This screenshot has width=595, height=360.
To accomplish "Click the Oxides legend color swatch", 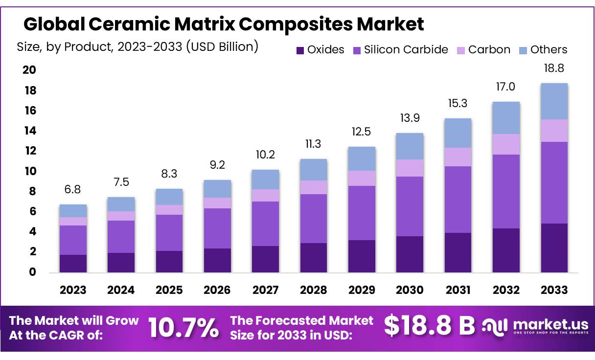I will [300, 50].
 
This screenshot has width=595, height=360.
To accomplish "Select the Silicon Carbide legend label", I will [406, 49].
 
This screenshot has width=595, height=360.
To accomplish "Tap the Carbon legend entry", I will [489, 49].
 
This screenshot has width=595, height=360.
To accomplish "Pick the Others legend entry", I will [549, 49].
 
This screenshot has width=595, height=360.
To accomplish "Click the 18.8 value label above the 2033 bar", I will [554, 68].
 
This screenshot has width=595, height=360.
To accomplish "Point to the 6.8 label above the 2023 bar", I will [73, 189].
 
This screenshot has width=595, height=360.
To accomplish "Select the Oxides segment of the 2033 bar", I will [554, 247].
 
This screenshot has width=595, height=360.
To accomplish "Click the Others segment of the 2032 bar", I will [506, 117].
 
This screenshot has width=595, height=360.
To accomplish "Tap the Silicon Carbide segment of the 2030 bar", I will [410, 206].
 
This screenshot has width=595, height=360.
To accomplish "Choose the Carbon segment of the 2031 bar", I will [458, 157].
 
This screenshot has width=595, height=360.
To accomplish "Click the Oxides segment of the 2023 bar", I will [73, 263].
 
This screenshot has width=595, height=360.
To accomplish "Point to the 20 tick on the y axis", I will [29, 70].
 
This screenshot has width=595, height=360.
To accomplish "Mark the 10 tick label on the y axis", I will [29, 171].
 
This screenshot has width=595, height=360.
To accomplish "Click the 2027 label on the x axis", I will [265, 290].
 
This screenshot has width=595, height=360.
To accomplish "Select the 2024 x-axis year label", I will [121, 290].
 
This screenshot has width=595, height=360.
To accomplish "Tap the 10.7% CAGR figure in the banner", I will [183, 328].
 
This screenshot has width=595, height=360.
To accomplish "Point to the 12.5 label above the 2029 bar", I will [362, 132].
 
